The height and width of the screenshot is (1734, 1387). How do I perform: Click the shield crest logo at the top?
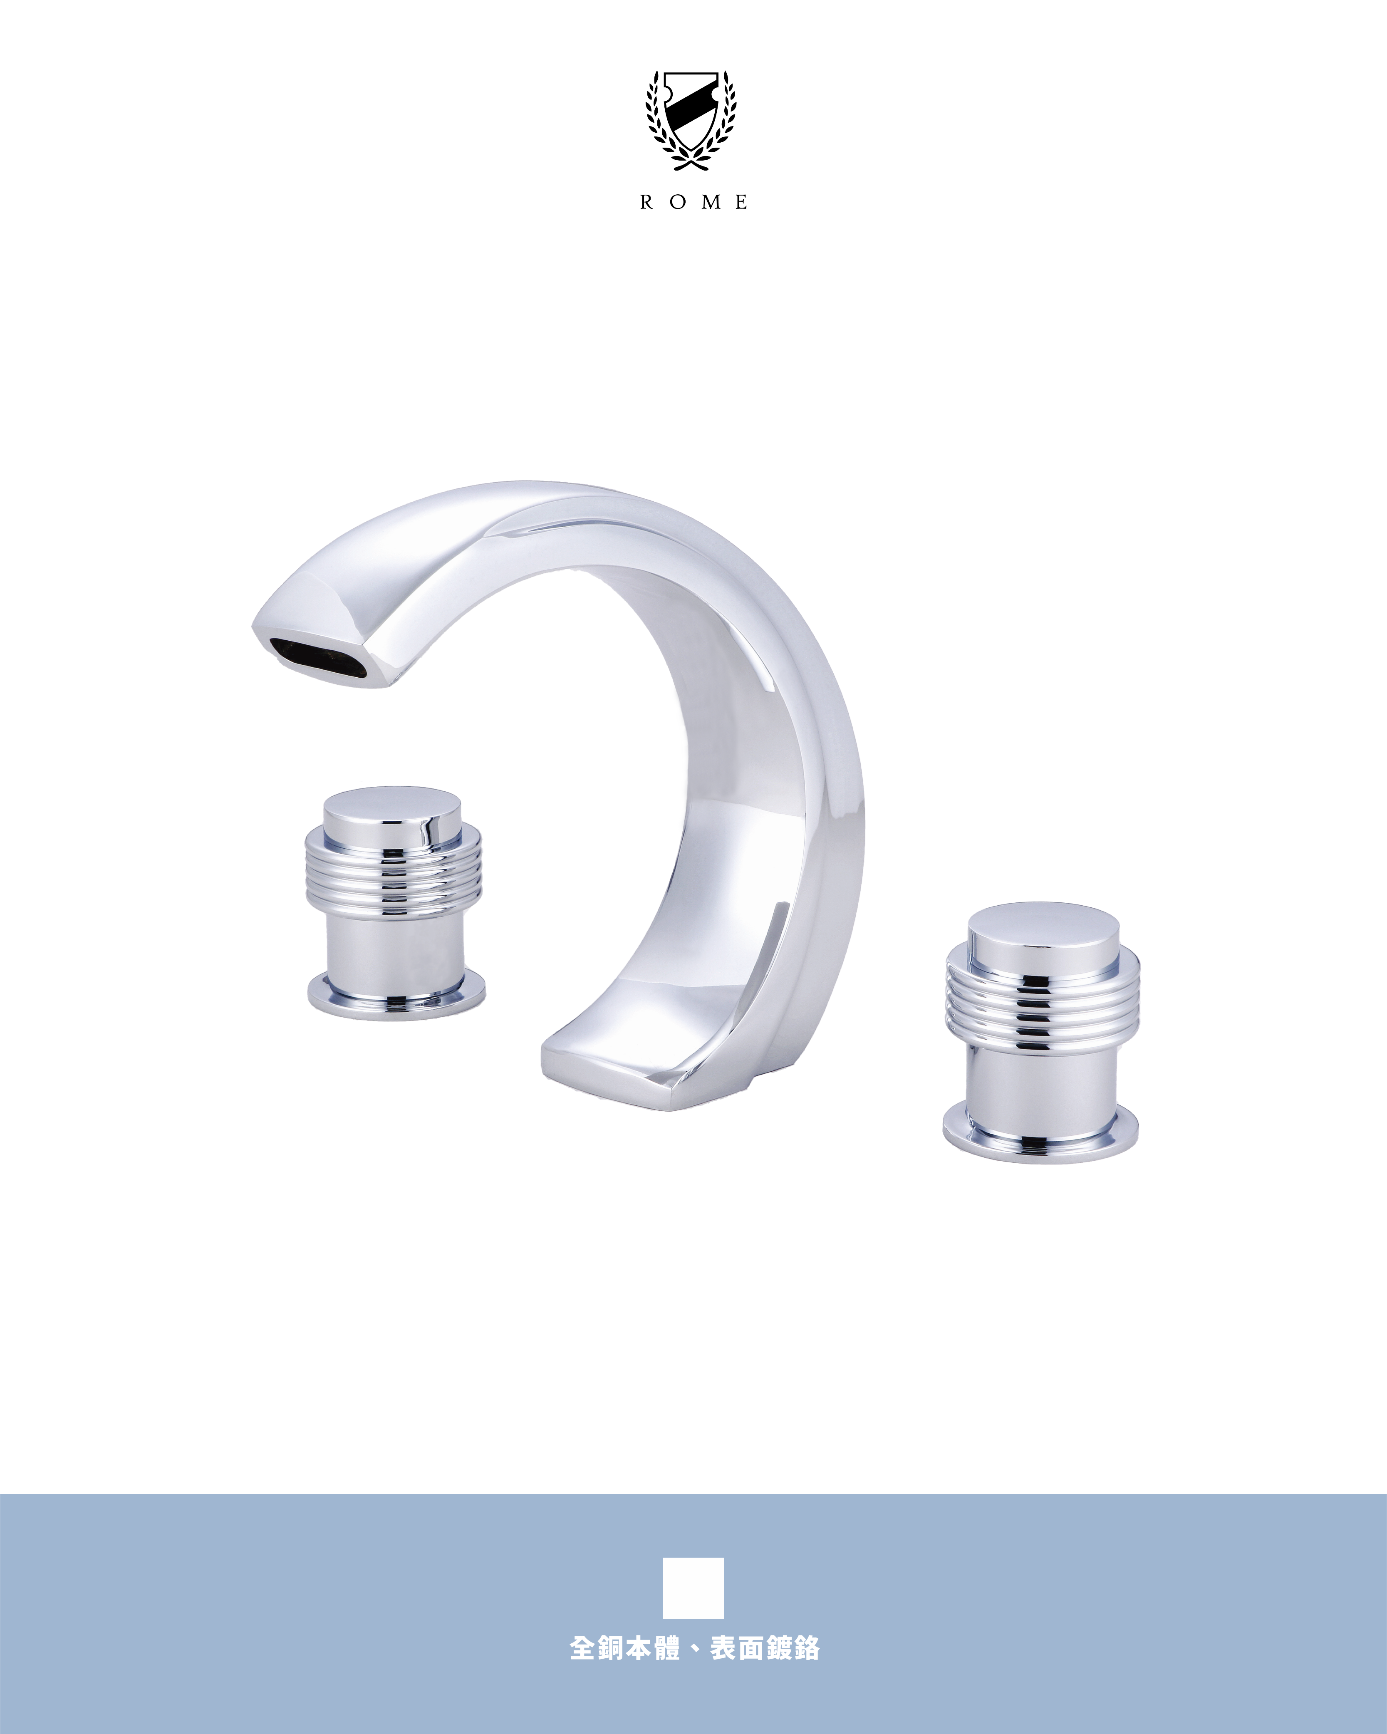click(692, 121)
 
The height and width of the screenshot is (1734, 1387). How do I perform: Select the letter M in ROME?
click(711, 203)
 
